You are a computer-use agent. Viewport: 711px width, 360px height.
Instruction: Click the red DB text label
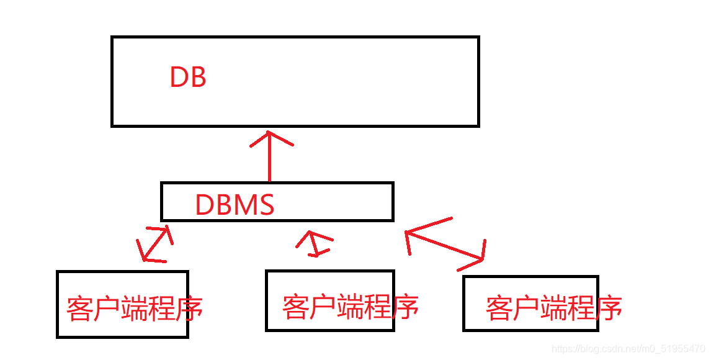(187, 78)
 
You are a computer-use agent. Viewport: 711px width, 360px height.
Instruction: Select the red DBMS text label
(235, 205)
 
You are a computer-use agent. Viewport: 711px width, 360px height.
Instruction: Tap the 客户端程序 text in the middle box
(350, 307)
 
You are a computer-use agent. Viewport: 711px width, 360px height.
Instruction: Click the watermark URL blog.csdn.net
(628, 349)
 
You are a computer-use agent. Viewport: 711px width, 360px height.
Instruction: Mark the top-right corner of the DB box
(478, 38)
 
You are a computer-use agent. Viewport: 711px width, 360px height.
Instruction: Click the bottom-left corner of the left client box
(58, 336)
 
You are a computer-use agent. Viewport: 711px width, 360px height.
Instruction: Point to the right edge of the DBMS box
(393, 202)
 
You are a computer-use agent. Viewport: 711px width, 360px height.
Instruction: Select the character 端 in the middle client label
(350, 307)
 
